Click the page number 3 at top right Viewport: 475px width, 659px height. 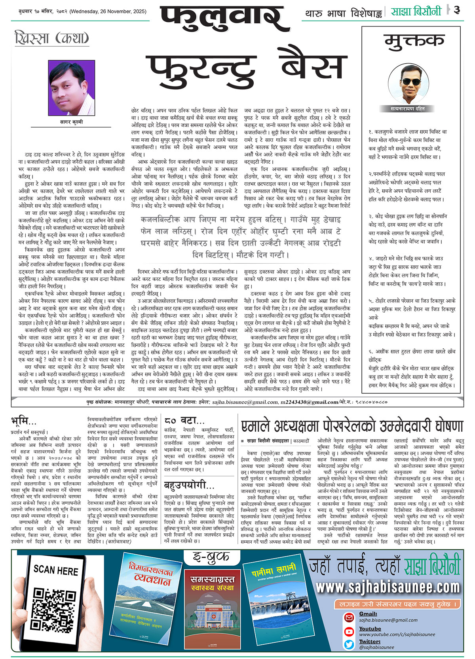point(457,10)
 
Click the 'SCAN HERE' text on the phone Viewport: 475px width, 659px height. point(56,570)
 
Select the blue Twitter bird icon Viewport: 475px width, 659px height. point(349,644)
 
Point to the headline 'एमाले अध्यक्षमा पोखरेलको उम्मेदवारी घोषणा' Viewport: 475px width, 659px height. point(352,426)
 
